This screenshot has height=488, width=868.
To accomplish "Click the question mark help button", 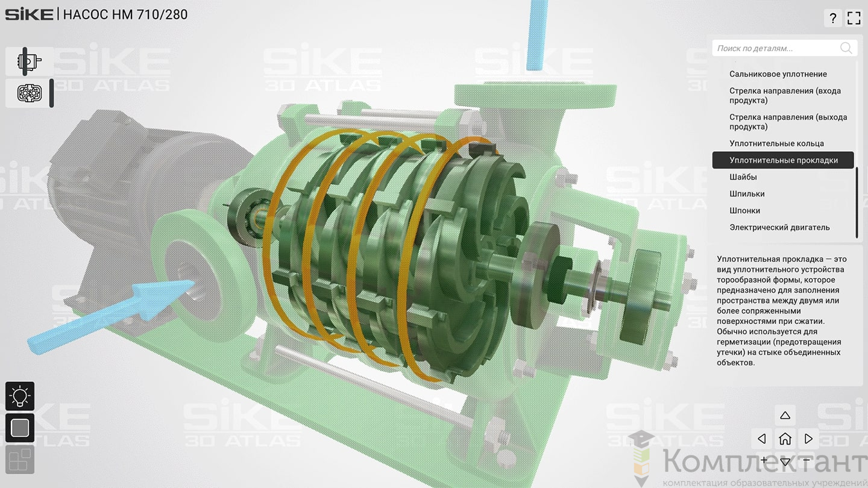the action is click(x=833, y=18).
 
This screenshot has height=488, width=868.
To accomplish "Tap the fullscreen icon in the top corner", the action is click(x=854, y=18).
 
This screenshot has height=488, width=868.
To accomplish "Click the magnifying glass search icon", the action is click(x=846, y=48).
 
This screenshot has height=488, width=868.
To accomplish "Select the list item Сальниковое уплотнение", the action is click(x=778, y=74).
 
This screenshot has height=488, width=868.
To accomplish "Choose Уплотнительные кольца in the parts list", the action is click(x=776, y=143).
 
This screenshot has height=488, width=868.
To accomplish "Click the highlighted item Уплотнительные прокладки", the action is click(x=783, y=160).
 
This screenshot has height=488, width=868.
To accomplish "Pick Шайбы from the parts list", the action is click(x=743, y=177).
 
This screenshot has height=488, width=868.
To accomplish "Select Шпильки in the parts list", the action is click(x=747, y=193).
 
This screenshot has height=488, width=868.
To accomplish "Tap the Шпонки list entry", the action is click(x=744, y=211).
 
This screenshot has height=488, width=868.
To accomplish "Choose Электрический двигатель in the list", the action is click(x=779, y=227).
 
